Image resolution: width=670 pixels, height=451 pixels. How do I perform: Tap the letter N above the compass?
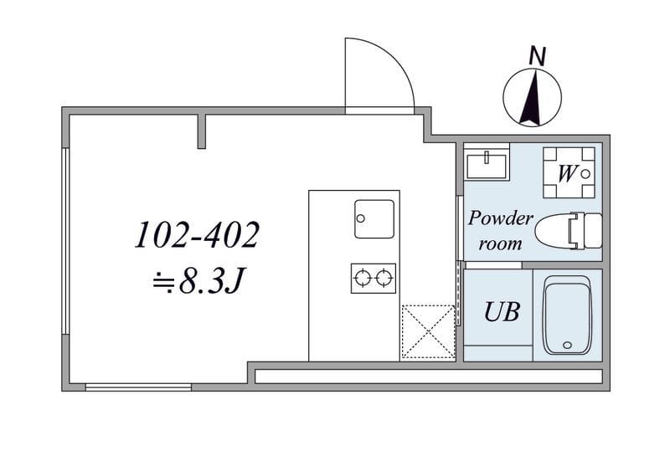(538, 56)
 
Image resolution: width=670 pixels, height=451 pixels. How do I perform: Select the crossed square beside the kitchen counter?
(428, 331)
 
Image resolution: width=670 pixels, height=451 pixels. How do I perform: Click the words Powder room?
(500, 231)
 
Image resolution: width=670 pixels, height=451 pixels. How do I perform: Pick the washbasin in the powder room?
(487, 164)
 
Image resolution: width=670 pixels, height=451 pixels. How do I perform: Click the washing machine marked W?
(569, 172)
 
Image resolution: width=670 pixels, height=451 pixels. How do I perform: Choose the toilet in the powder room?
(569, 230)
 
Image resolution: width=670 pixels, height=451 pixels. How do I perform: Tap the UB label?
(502, 312)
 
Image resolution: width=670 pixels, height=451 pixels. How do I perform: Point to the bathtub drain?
(567, 345)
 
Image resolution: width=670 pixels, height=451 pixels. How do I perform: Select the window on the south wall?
(138, 387)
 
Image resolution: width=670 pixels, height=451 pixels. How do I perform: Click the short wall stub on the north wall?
(202, 132)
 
